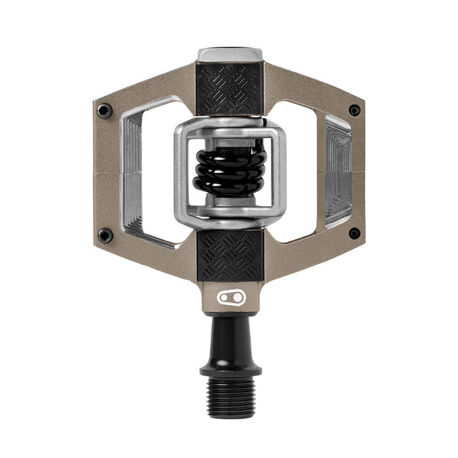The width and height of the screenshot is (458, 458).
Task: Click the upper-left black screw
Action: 105,111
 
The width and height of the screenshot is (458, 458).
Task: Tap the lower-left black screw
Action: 105,236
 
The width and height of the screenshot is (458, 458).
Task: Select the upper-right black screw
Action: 354,110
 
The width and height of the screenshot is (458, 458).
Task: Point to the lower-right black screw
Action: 354,234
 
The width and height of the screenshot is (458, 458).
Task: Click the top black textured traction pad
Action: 230,88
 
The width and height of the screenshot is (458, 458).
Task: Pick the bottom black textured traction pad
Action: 230,256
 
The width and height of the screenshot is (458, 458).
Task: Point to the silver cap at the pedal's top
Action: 230,54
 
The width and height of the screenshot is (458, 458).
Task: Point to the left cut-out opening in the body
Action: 157,173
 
